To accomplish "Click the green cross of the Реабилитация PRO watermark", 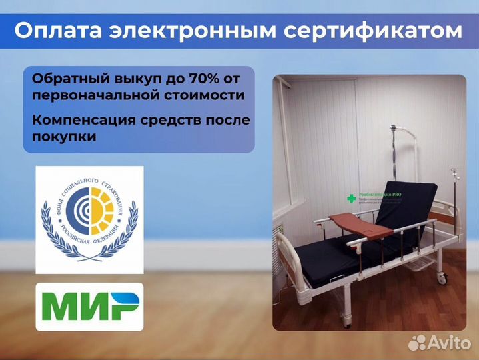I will (x=350, y=198).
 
